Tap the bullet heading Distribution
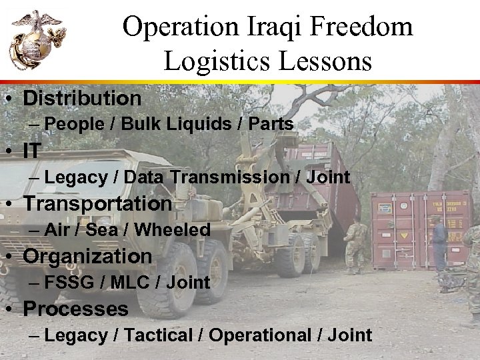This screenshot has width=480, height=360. point(82,99)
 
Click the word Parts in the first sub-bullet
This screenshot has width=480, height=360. point(269,124)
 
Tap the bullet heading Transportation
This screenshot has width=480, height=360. point(98,203)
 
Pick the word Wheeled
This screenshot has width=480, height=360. point(171,230)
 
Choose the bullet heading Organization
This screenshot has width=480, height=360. point(88,256)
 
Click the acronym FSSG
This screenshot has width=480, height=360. point(71,283)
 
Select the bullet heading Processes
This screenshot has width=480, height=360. point(76,309)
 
